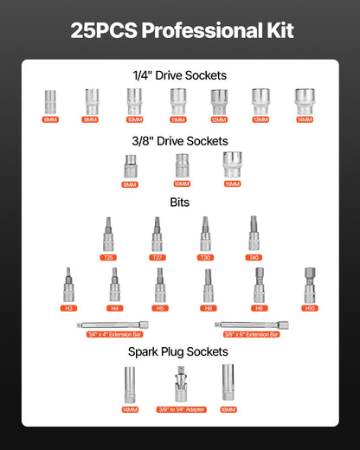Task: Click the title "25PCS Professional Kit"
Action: point(180,31)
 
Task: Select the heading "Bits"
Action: point(180,202)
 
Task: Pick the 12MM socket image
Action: point(219,101)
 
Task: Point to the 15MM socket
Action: point(232,164)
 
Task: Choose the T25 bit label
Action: point(108,257)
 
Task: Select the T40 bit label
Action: point(254,257)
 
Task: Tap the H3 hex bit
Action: point(69,284)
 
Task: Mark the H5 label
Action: point(159,307)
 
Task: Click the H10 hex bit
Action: point(310,284)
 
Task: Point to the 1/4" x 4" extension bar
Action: point(109,325)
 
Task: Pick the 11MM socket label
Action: point(177,119)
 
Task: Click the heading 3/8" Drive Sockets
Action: point(180,140)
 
